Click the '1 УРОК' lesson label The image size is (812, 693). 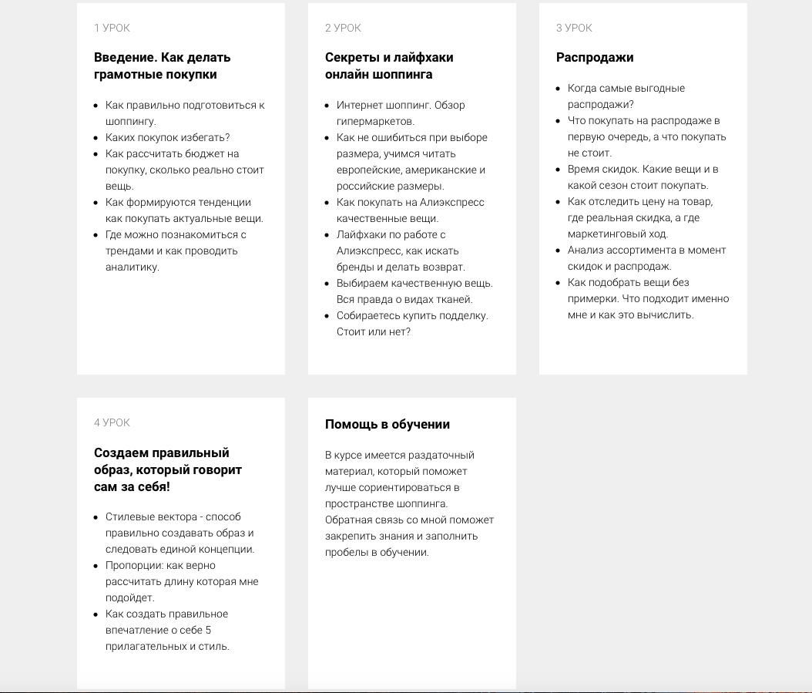coord(112,28)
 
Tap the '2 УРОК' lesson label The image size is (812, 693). coord(343,28)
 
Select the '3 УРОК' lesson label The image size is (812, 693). coord(574,28)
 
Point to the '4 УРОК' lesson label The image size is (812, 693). coord(112,422)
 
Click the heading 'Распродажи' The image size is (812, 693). coord(595,57)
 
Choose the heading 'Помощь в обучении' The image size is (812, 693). coord(388,424)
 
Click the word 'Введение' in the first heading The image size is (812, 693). coord(123,57)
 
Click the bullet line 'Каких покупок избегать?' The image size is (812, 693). coord(168,137)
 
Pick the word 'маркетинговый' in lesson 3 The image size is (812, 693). coord(604,234)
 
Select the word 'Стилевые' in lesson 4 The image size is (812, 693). coord(129,516)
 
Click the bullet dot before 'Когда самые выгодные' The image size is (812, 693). coord(559,89)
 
